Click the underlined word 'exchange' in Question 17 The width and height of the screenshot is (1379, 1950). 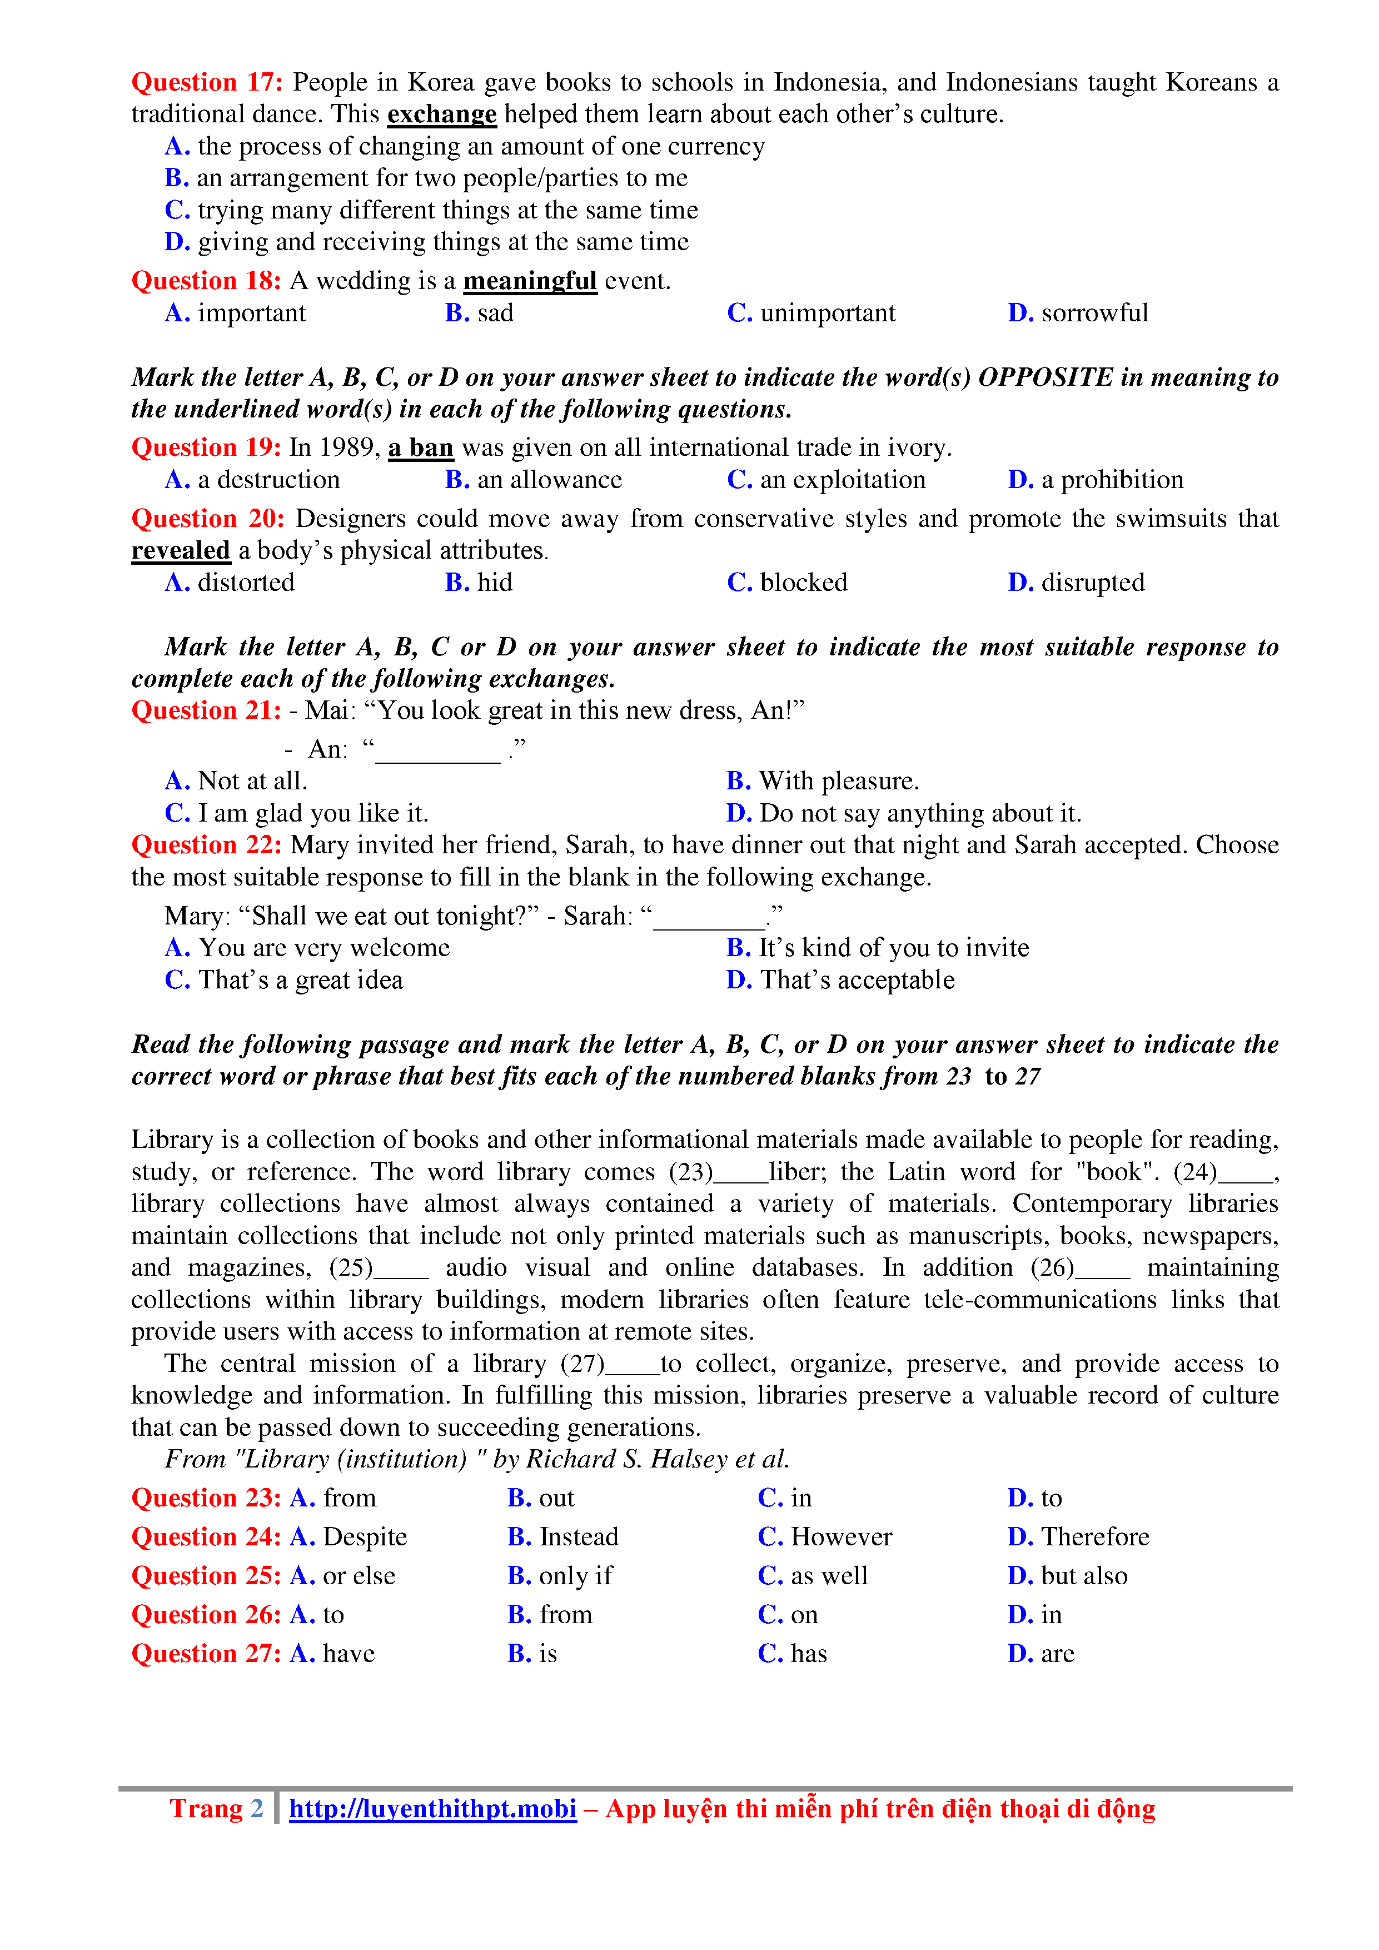[x=441, y=115]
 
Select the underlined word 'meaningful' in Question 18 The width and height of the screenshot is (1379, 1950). [x=530, y=281]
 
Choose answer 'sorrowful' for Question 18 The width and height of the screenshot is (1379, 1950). [x=1094, y=314]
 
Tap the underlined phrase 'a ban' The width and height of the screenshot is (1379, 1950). [x=420, y=447]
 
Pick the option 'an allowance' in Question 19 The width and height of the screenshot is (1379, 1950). [x=549, y=480]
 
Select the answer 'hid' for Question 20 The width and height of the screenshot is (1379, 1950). [x=494, y=583]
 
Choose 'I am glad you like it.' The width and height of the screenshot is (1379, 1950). [x=312, y=814]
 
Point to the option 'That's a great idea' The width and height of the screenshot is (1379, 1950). [x=300, y=980]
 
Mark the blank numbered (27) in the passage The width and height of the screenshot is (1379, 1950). [x=633, y=1365]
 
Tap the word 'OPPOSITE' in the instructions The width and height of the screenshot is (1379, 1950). [x=1046, y=378]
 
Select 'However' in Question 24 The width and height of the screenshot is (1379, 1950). [x=840, y=1537]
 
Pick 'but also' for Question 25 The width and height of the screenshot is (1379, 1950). [x=1083, y=1576]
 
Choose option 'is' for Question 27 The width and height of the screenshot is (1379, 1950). [x=547, y=1654]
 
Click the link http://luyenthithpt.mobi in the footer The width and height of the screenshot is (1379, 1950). [x=432, y=1809]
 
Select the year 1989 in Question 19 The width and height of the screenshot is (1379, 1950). [x=348, y=447]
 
